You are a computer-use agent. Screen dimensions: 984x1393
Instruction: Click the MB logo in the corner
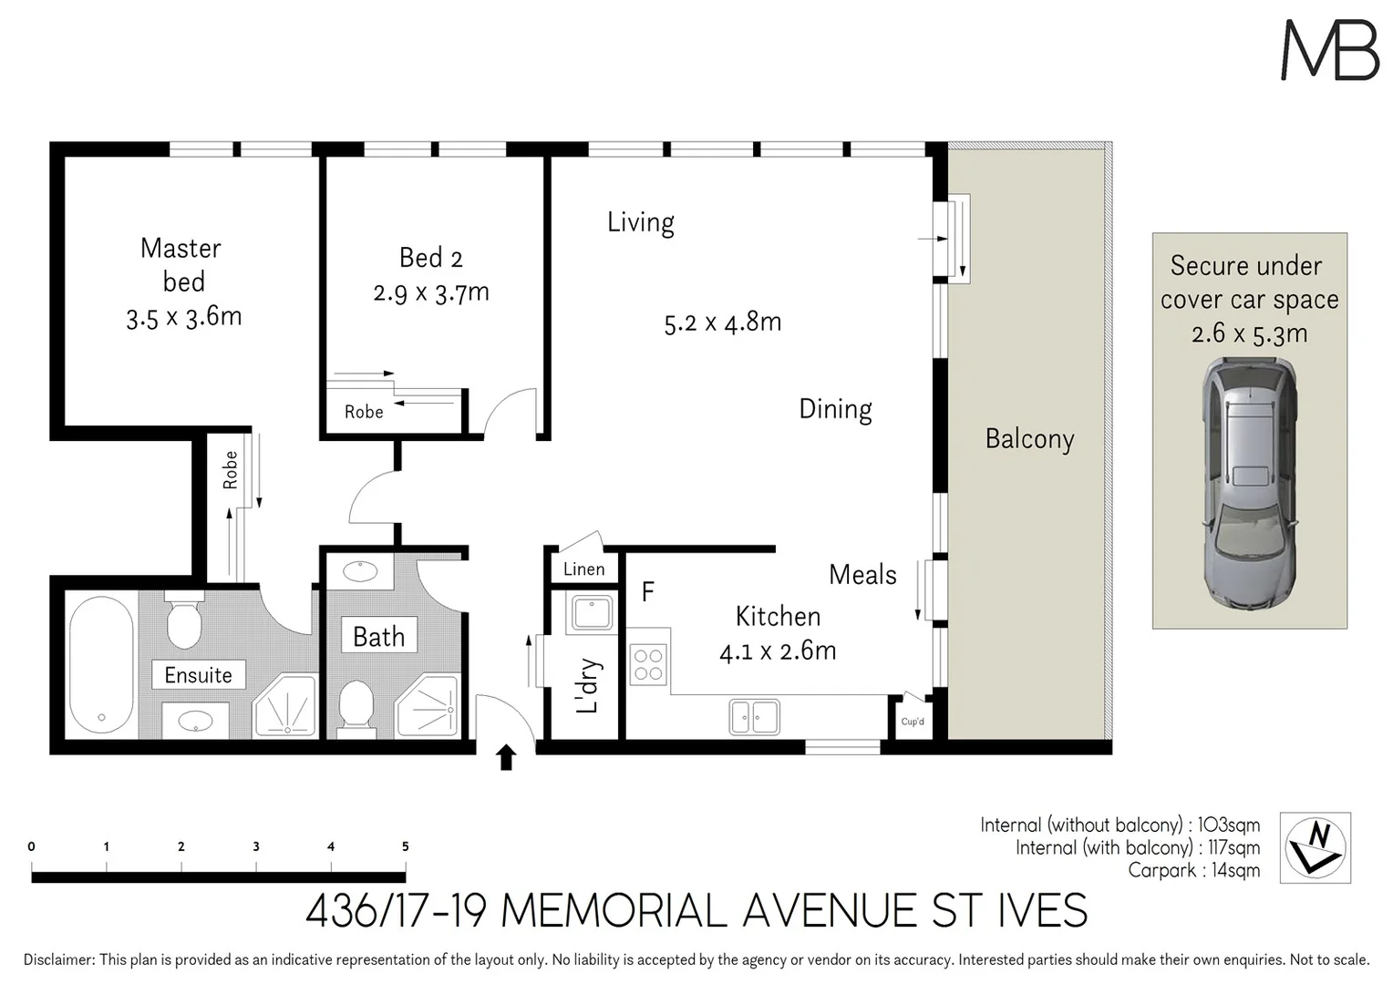[1329, 50]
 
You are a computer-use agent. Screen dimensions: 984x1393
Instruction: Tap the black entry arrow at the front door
[506, 758]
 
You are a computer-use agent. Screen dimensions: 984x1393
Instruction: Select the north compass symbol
[1316, 847]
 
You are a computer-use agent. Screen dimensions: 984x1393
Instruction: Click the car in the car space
[1249, 483]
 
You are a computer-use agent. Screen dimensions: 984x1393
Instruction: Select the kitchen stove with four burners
[648, 664]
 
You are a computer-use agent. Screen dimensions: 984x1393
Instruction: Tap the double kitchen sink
[754, 716]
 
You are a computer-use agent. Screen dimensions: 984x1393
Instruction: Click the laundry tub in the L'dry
[592, 613]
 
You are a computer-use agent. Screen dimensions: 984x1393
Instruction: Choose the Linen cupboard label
[583, 569]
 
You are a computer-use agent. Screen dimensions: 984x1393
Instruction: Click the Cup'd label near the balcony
[913, 722]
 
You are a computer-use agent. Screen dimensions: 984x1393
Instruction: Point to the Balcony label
[1029, 439]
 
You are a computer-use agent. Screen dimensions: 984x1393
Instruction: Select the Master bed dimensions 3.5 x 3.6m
[184, 317]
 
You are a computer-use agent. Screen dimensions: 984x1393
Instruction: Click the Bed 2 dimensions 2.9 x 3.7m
[431, 292]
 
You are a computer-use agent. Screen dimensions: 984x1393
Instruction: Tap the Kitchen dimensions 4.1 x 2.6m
[778, 651]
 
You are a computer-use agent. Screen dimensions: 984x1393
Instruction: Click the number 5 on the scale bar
[406, 846]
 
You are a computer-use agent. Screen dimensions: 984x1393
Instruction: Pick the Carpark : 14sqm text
[1193, 870]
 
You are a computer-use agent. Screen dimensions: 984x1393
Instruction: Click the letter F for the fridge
[647, 592]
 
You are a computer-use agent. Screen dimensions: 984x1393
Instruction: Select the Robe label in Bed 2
[364, 412]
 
